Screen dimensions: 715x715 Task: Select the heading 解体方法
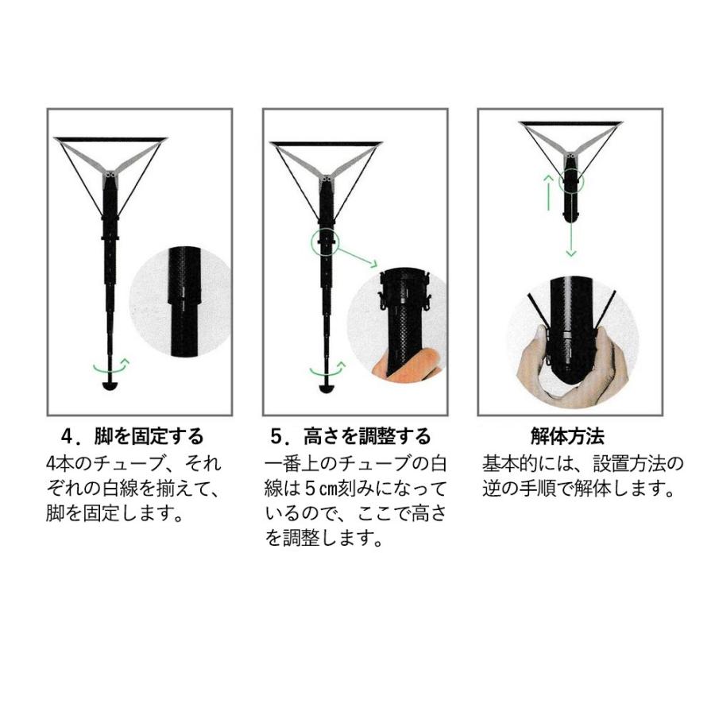point(567,436)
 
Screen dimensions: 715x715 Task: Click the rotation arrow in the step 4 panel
point(111,366)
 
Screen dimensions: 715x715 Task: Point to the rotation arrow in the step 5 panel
point(327,369)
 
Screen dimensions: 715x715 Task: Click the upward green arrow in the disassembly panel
point(547,190)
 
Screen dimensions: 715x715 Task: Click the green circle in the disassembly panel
point(570,182)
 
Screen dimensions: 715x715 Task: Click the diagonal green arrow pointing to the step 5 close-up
point(358,259)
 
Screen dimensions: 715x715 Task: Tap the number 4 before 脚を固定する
point(68,436)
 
